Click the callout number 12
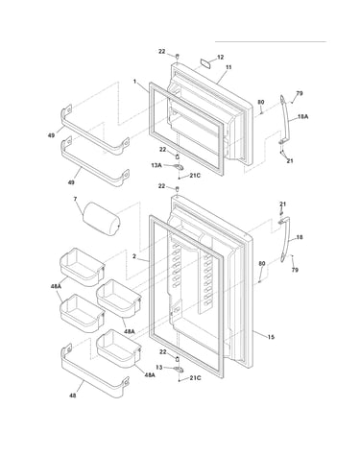pos(221,58)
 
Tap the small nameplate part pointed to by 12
pos(206,62)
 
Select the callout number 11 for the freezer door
pos(228,67)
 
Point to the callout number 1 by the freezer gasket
pos(135,82)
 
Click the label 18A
pos(302,117)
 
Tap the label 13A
pos(156,165)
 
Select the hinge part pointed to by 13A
pos(179,167)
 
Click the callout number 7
pos(75,199)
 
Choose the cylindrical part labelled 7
pos(102,220)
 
